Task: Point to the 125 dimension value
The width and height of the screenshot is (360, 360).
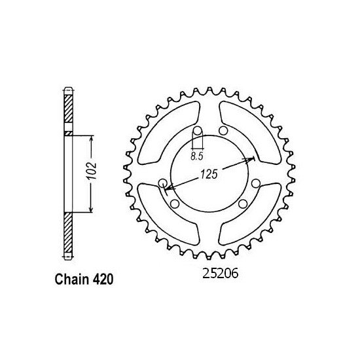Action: [206, 176]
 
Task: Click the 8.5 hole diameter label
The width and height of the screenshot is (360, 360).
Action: [196, 156]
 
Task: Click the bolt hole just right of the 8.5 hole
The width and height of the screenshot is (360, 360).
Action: [223, 132]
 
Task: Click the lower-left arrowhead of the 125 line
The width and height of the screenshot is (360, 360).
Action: [169, 189]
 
